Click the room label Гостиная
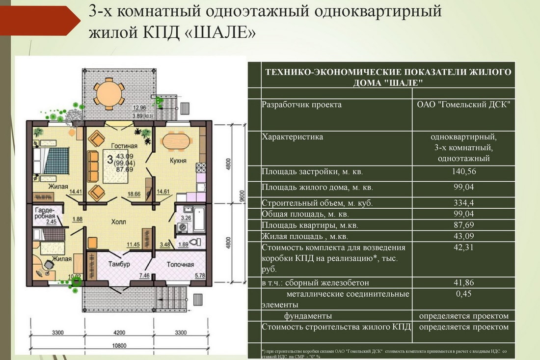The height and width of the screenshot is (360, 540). pos(124,146)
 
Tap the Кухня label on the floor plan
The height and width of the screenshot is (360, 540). pos(178,161)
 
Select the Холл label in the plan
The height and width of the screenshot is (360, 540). pos(118,222)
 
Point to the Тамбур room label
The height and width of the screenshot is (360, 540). pos(119,264)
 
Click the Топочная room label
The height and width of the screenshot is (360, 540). pos(180,265)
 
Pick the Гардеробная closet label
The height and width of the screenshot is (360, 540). pos(45,213)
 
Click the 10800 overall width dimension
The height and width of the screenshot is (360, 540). pos(119,346)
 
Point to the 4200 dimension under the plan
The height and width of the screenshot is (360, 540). pos(119,333)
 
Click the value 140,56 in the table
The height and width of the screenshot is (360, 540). pos(463,171)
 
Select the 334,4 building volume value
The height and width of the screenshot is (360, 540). pos(463,203)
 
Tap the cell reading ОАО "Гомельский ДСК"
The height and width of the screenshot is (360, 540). pos(463,105)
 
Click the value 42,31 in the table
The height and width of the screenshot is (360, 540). pos(463,248)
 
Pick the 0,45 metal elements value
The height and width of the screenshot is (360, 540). pos(463,294)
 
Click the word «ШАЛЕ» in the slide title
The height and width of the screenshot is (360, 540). pos(221,33)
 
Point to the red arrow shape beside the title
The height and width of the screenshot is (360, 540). pos(40,21)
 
